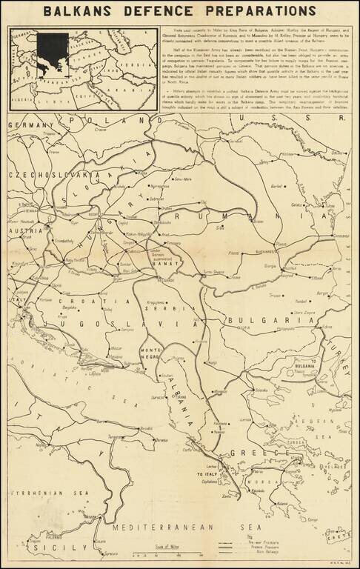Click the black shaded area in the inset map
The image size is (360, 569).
53,52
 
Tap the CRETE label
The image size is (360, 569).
342,531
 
